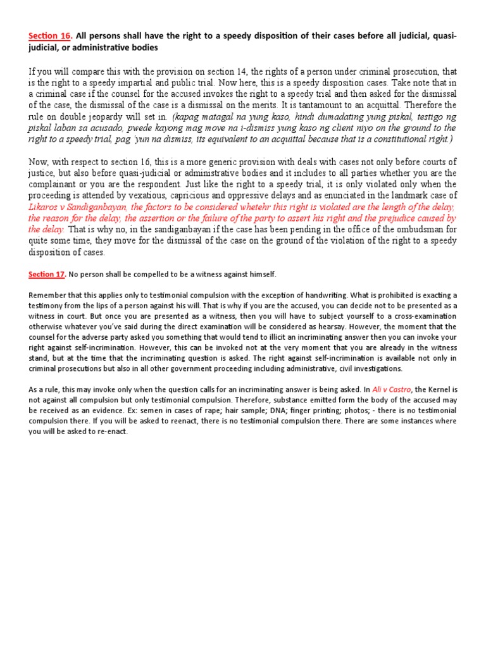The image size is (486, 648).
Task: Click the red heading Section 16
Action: (x=49, y=36)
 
